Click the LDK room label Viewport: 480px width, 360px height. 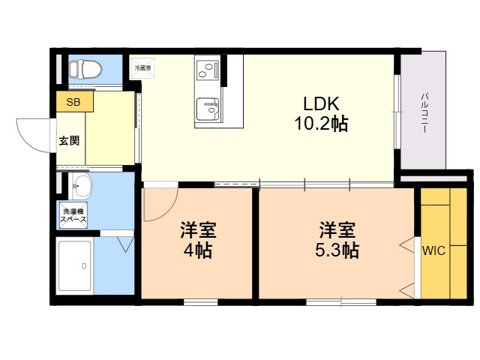coord(321,103)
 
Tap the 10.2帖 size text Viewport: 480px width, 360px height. coord(321,124)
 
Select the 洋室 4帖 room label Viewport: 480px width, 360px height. coord(198,240)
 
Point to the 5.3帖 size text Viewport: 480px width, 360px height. coord(337,250)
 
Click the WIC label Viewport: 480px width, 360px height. coord(433,250)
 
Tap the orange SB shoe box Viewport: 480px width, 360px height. coord(75,102)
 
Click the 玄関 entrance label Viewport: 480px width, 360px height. coord(70,140)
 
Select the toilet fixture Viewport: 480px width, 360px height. coord(85,69)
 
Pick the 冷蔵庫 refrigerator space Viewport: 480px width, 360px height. coord(142,68)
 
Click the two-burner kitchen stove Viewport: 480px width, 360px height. coord(208,70)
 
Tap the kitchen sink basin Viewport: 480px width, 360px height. coord(208,109)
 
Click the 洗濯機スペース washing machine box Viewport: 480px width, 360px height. coord(73,215)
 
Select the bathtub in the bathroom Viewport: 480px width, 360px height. coord(75,265)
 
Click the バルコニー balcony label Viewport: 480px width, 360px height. coord(424,112)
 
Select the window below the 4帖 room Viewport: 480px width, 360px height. coord(201,302)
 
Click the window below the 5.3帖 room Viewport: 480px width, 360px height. coord(341,302)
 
